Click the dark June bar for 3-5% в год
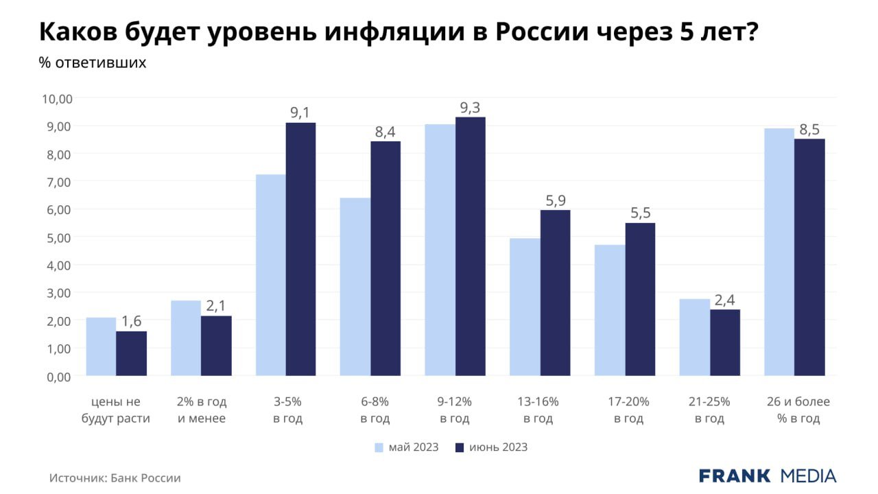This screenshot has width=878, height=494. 300,249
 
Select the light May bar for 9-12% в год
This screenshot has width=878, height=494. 440,250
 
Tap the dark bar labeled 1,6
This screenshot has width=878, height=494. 131,353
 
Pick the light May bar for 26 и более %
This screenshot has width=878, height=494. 779,252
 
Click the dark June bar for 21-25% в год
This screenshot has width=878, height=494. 725,342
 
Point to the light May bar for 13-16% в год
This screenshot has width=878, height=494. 525,307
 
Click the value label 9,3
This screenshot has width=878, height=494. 470,108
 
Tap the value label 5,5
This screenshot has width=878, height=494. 640,213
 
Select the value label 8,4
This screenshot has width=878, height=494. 385,132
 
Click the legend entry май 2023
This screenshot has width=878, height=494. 407,447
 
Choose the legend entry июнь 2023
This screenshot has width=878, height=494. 492,447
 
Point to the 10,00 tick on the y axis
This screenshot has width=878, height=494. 57,99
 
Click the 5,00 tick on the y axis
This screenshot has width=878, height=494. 60,238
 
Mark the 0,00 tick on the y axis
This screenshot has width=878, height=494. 60,377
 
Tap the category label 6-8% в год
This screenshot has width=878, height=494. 375,410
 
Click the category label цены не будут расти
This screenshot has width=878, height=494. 116,410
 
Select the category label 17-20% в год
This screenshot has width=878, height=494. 629,410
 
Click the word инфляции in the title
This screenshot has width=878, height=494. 395,32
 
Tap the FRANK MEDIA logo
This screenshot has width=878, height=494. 768,476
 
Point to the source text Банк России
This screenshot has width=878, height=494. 145,478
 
